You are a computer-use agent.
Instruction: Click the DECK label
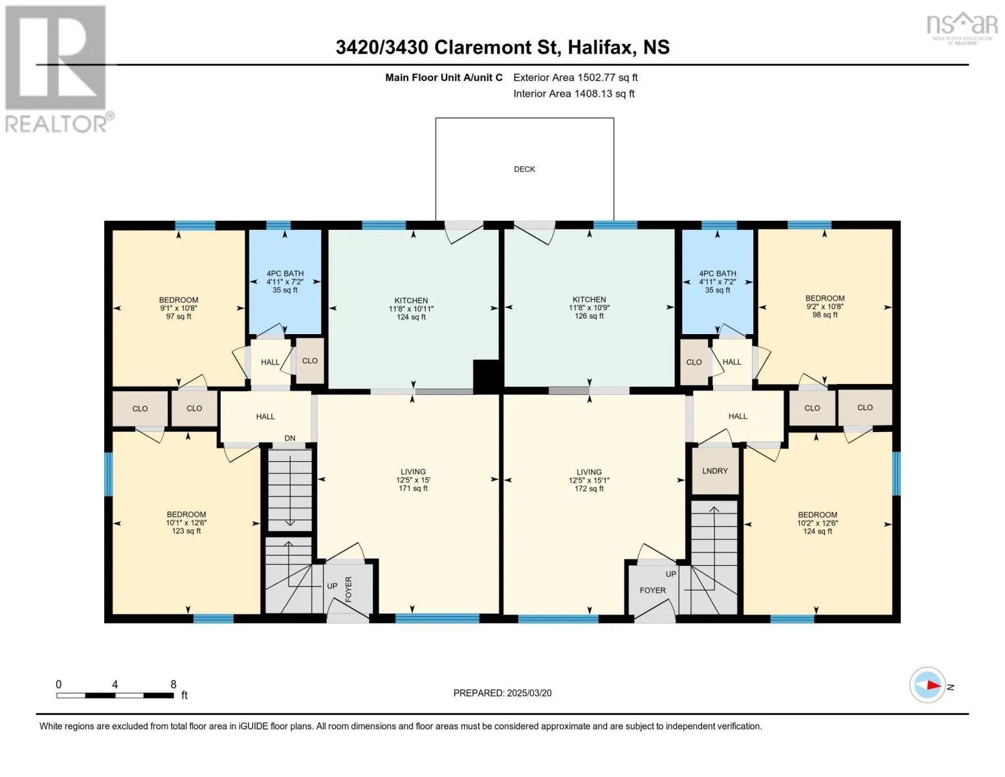tap(524, 170)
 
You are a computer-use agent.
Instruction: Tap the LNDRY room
tap(715, 471)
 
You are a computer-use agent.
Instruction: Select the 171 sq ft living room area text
tap(413, 488)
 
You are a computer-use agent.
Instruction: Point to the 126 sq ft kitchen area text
tap(589, 316)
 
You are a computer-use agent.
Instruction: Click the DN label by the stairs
tap(289, 438)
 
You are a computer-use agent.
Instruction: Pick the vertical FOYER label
tap(348, 589)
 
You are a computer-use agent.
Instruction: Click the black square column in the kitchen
tap(485, 376)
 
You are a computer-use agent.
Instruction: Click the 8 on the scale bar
tap(173, 684)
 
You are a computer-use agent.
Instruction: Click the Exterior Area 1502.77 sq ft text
tap(575, 78)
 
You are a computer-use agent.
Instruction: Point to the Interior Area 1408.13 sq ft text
tap(574, 94)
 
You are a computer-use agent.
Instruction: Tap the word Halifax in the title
tap(601, 47)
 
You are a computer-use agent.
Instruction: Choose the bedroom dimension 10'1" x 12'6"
tap(186, 523)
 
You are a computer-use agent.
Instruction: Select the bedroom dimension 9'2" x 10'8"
tap(824, 307)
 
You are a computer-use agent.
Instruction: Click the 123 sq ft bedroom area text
tap(186, 531)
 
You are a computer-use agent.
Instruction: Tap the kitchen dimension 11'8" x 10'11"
tap(411, 309)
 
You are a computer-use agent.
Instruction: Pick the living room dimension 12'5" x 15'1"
tap(589, 481)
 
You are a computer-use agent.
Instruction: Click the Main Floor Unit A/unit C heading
tap(443, 78)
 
